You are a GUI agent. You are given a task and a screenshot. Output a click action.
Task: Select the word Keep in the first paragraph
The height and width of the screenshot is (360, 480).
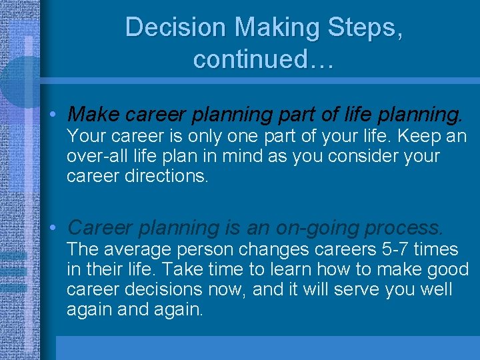click(x=417, y=137)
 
